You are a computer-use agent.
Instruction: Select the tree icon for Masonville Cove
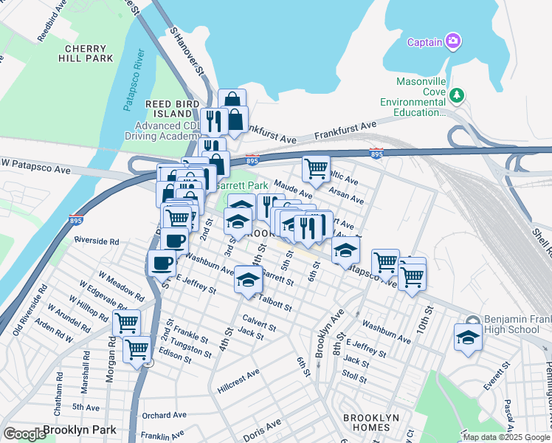tap(457, 95)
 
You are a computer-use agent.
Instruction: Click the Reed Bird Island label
tap(173, 109)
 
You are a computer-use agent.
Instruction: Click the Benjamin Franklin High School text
tap(517, 325)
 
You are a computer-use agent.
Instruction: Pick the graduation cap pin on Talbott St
tap(249, 281)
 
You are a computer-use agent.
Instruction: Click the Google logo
tap(24, 434)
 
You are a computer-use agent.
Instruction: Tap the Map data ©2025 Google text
tap(506, 437)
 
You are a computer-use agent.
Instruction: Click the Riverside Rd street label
tap(97, 241)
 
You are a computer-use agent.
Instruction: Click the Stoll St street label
tap(354, 378)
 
